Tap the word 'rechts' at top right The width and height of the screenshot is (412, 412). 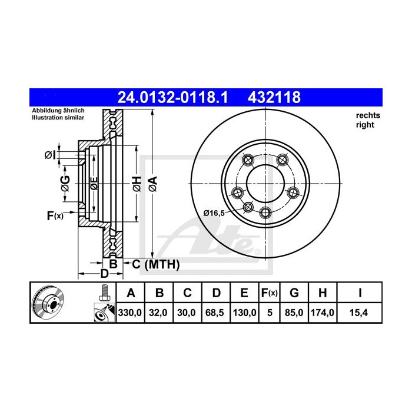[368, 115]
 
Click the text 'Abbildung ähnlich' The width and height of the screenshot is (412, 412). [58, 111]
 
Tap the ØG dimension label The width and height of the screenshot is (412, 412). [65, 184]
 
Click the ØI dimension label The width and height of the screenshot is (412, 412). [50, 155]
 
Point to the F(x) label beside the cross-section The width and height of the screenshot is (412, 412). [55, 216]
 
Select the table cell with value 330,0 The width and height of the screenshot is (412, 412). [131, 314]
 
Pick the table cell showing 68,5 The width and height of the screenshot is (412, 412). [216, 314]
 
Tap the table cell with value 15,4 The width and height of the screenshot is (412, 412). [358, 314]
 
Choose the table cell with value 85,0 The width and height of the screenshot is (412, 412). [295, 314]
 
